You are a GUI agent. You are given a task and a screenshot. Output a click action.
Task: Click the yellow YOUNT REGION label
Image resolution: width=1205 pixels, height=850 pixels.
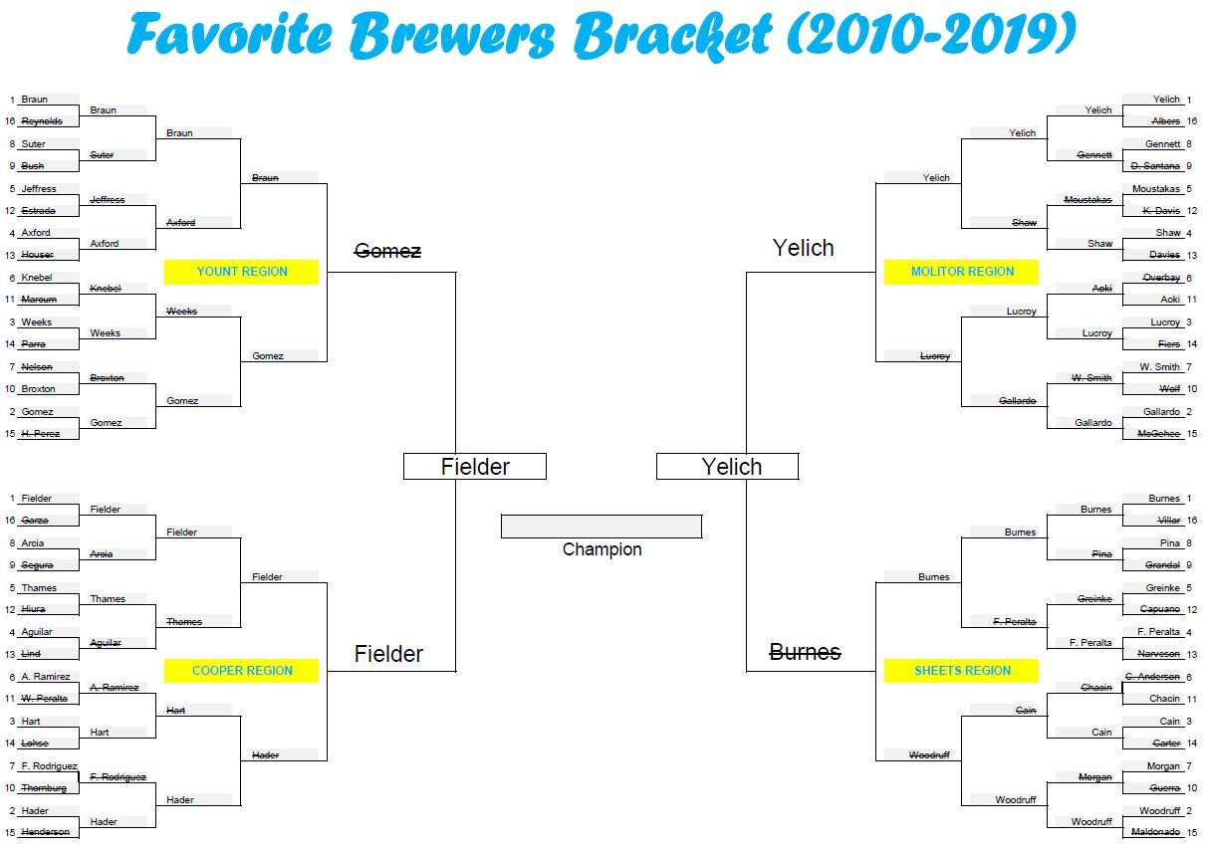241,272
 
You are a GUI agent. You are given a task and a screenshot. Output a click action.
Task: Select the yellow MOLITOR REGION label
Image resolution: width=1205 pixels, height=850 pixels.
962,272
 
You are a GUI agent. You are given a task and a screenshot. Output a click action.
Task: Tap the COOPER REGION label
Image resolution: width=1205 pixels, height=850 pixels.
242,671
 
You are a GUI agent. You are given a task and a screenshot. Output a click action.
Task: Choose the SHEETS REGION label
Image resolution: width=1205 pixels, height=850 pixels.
962,671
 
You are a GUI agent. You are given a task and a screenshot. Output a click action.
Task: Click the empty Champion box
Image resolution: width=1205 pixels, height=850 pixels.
602,527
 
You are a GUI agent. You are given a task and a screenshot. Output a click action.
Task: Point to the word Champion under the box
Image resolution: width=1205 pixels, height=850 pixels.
602,549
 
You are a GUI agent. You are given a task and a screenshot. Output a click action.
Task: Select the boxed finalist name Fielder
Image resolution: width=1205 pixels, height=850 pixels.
475,467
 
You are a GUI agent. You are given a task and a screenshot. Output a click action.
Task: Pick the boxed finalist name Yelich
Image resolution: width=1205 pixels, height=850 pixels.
731,467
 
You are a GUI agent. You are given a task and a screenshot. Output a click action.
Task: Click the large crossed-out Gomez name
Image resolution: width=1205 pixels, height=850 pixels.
387,252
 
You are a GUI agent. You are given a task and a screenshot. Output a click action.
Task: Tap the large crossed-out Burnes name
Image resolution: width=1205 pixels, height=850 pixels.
805,653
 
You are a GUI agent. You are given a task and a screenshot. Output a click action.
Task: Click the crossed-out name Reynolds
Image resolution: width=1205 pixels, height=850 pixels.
42,121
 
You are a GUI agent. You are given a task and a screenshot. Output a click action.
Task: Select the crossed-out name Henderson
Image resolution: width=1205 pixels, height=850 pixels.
46,832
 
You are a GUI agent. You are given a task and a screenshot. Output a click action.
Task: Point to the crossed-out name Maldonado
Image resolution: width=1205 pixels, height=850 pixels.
1155,832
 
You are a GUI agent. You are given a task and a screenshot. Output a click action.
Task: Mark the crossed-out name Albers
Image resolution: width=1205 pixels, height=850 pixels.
1165,121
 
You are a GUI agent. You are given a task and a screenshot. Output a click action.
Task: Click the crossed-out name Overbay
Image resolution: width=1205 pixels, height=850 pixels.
1162,278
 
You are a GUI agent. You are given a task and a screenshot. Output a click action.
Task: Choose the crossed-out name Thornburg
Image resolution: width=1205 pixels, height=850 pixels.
44,788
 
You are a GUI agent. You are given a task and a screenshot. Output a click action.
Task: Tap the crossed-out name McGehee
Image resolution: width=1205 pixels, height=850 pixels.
1159,434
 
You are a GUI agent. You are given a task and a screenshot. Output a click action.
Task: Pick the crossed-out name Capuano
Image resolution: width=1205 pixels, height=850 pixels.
1160,609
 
